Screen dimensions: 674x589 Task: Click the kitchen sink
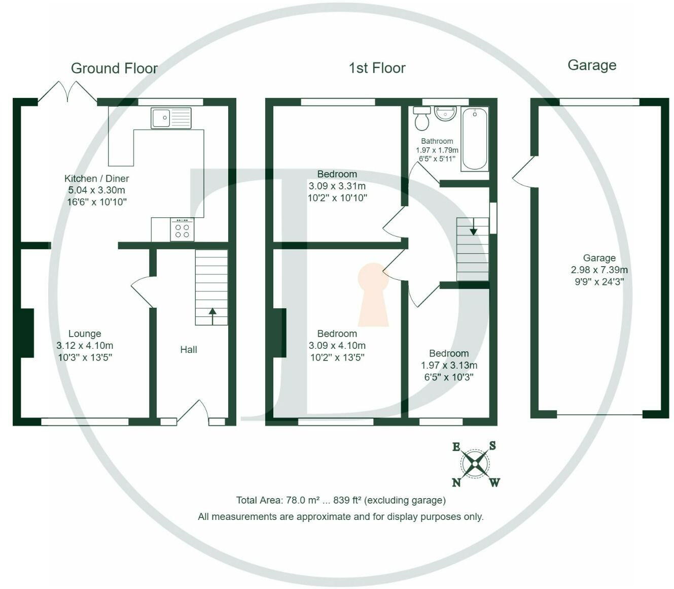[x=171, y=118]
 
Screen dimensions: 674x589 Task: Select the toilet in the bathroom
[x=422, y=119]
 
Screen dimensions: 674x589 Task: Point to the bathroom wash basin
[x=445, y=113]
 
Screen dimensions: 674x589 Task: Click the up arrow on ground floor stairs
[x=211, y=315]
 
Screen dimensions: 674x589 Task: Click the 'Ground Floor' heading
[x=114, y=69]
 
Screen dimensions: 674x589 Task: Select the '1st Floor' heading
[x=377, y=68]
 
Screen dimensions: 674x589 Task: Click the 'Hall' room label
[x=189, y=349]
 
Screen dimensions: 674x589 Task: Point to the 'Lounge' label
[x=85, y=334]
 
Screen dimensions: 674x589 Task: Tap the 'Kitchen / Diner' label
[x=96, y=178]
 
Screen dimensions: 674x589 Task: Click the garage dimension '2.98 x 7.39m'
[x=599, y=270]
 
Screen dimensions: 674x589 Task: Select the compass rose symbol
[x=475, y=464]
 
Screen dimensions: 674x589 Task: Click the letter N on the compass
[x=456, y=482]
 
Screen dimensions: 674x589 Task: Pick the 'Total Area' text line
[x=341, y=500]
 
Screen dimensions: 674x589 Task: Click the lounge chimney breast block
[x=26, y=333]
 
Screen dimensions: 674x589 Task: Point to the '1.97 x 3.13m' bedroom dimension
[x=449, y=365]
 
